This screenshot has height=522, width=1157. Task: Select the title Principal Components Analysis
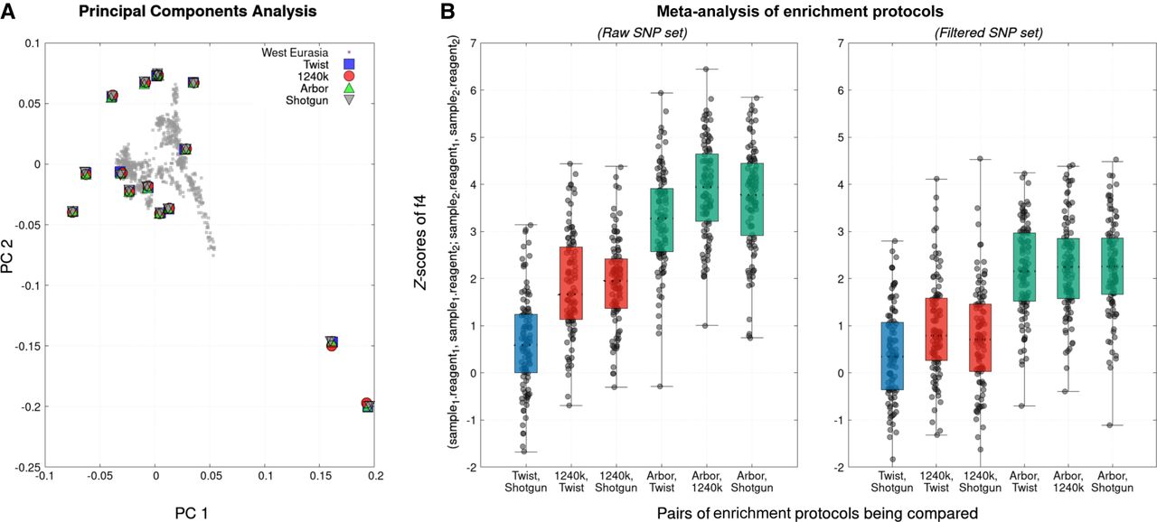pyautogui.click(x=196, y=12)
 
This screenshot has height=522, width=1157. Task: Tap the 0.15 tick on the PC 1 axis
pyautogui.click(x=321, y=476)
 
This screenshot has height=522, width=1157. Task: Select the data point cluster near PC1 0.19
pyautogui.click(x=367, y=405)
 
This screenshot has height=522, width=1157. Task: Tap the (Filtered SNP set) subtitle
pyautogui.click(x=994, y=34)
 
